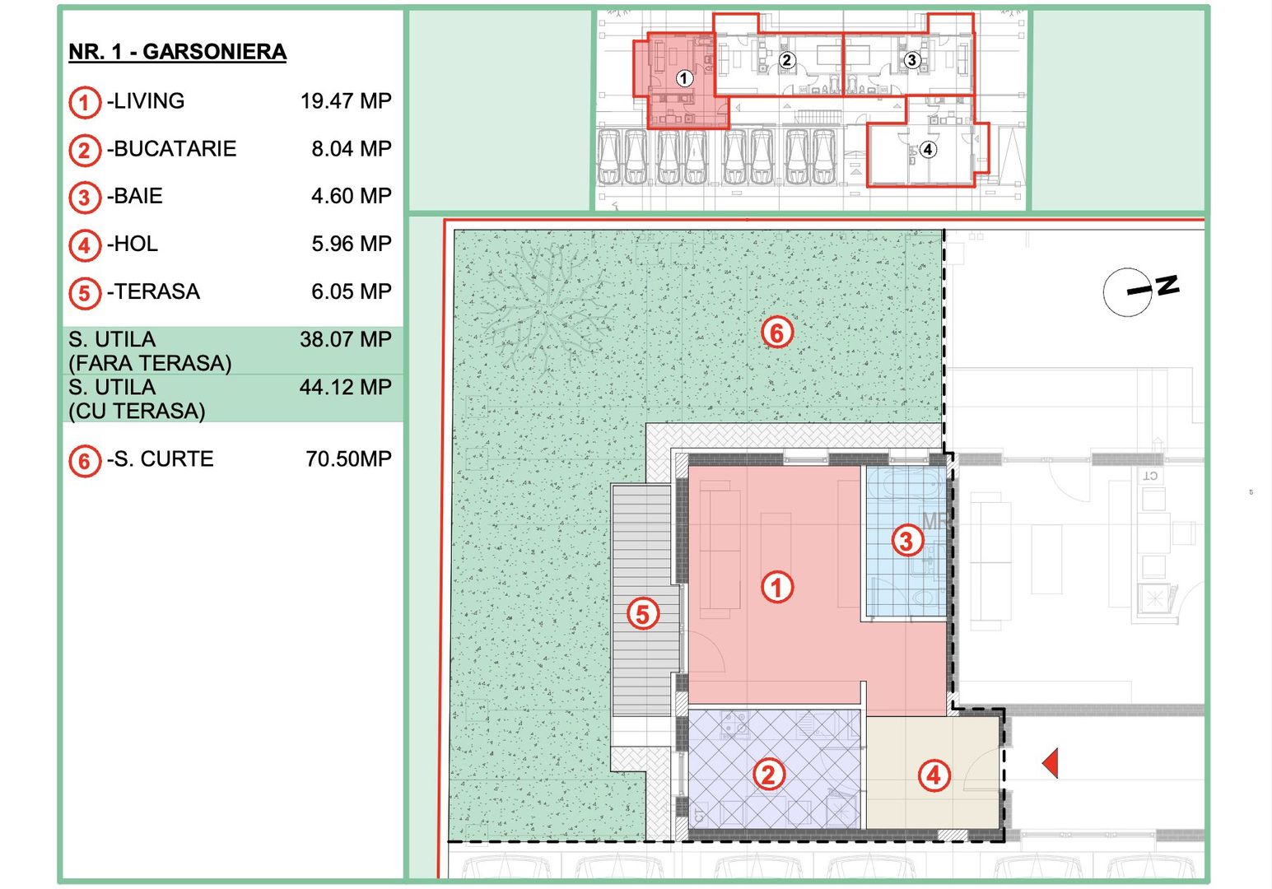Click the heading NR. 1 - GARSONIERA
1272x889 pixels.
tap(177, 52)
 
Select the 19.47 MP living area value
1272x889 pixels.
tap(346, 101)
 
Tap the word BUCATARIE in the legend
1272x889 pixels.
tap(175, 149)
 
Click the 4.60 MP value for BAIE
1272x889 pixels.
tap(351, 197)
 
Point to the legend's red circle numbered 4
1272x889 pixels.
tap(84, 245)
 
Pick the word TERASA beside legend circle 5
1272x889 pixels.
tap(156, 292)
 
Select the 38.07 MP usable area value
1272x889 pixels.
tap(345, 340)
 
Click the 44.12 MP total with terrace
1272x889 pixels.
tap(345, 388)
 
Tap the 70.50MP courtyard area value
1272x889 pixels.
tap(348, 459)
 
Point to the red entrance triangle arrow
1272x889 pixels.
tap(1051, 763)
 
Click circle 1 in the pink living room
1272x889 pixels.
tap(776, 587)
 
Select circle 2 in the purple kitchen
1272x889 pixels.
tap(768, 775)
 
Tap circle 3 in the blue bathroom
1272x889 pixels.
tap(906, 541)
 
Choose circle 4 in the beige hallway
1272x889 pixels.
tap(934, 775)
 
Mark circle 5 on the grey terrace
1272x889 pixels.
tap(643, 613)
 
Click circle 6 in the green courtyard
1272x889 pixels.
tap(776, 332)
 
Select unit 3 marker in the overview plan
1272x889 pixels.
tap(911, 60)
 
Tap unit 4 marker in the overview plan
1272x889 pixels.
tap(928, 150)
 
